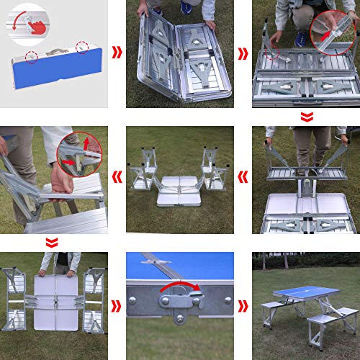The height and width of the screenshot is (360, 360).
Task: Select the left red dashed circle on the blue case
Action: pyautogui.click(x=30, y=56)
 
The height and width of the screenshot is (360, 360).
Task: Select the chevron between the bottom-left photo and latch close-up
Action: pyautogui.click(x=117, y=305)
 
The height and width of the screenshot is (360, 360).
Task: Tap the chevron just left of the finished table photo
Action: pyautogui.click(x=243, y=305)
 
